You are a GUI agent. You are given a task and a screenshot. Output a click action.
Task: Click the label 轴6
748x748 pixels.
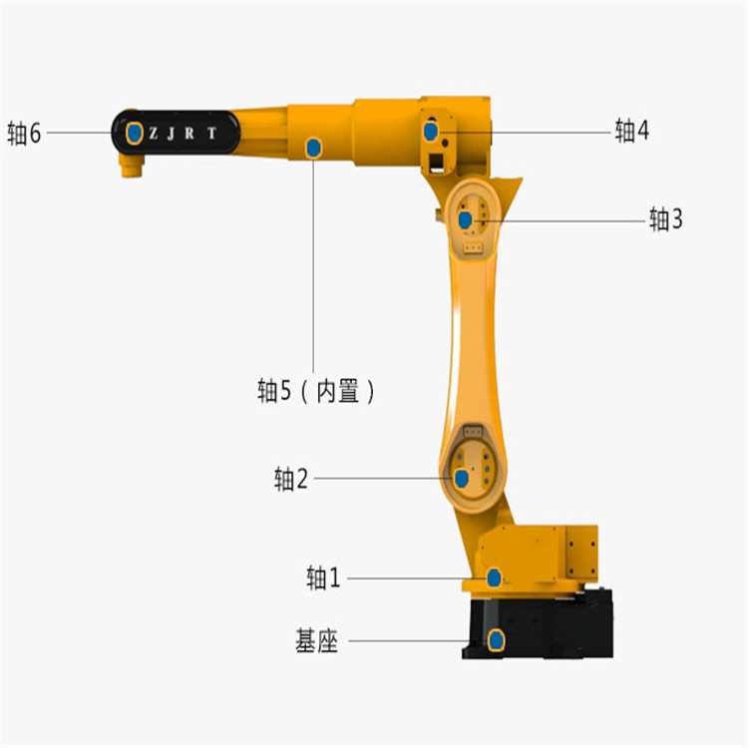pyautogui.click(x=24, y=133)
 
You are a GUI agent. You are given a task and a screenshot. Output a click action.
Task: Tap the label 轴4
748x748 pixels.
pyautogui.click(x=631, y=131)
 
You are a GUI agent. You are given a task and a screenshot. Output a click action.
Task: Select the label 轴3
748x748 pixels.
pyautogui.click(x=665, y=219)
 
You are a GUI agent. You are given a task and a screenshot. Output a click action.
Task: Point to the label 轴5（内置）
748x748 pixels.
pyautogui.click(x=316, y=391)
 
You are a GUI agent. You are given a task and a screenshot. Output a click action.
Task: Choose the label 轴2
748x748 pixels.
pyautogui.click(x=290, y=479)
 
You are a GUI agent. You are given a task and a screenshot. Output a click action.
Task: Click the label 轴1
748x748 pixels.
pyautogui.click(x=323, y=577)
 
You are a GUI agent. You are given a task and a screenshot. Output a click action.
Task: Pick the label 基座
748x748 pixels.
pyautogui.click(x=316, y=640)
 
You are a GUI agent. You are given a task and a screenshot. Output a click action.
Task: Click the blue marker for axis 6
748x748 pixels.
pyautogui.click(x=135, y=133)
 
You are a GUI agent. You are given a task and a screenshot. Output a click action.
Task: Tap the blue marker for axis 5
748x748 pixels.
pyautogui.click(x=313, y=148)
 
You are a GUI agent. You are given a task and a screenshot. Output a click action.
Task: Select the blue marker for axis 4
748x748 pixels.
pyautogui.click(x=431, y=132)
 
